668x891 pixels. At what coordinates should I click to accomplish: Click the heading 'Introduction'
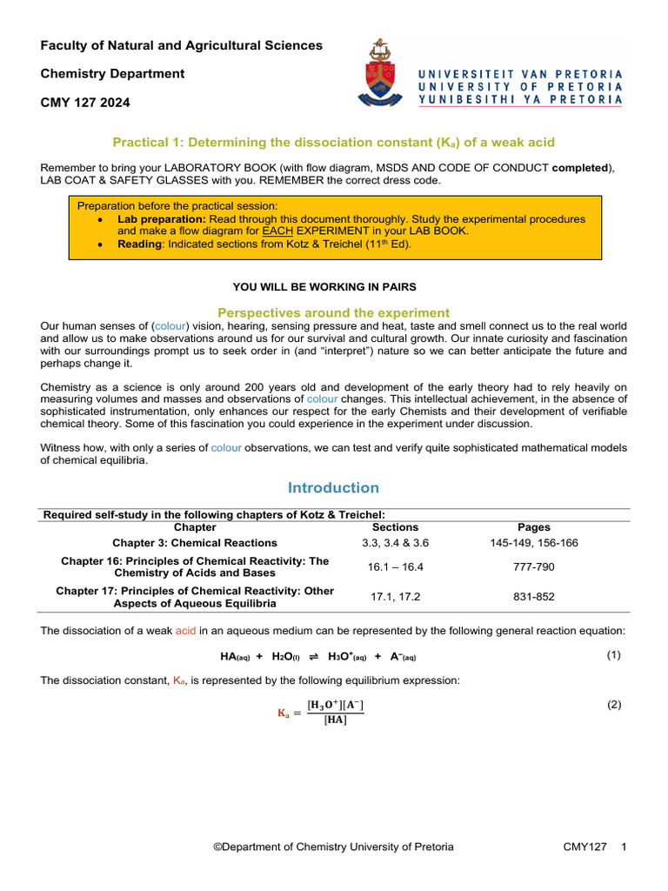(x=334, y=487)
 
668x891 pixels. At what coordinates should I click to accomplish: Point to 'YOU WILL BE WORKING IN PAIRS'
(x=324, y=286)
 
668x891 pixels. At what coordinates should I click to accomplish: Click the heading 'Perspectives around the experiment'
(x=334, y=312)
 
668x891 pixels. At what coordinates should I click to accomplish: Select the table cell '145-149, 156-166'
(x=533, y=543)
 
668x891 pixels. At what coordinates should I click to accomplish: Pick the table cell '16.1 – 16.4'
(x=395, y=567)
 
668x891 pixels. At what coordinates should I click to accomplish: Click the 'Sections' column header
(x=395, y=527)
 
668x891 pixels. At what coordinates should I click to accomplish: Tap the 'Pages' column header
(x=533, y=527)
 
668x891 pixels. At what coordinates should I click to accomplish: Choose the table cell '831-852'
(x=533, y=597)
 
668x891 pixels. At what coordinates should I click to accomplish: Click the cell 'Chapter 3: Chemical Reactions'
(x=195, y=543)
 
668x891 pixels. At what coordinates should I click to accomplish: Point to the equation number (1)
(x=613, y=655)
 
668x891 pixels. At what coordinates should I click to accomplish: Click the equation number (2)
(x=613, y=705)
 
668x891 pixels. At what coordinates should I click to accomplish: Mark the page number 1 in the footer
(x=625, y=847)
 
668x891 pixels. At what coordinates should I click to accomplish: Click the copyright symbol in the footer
(x=217, y=847)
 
